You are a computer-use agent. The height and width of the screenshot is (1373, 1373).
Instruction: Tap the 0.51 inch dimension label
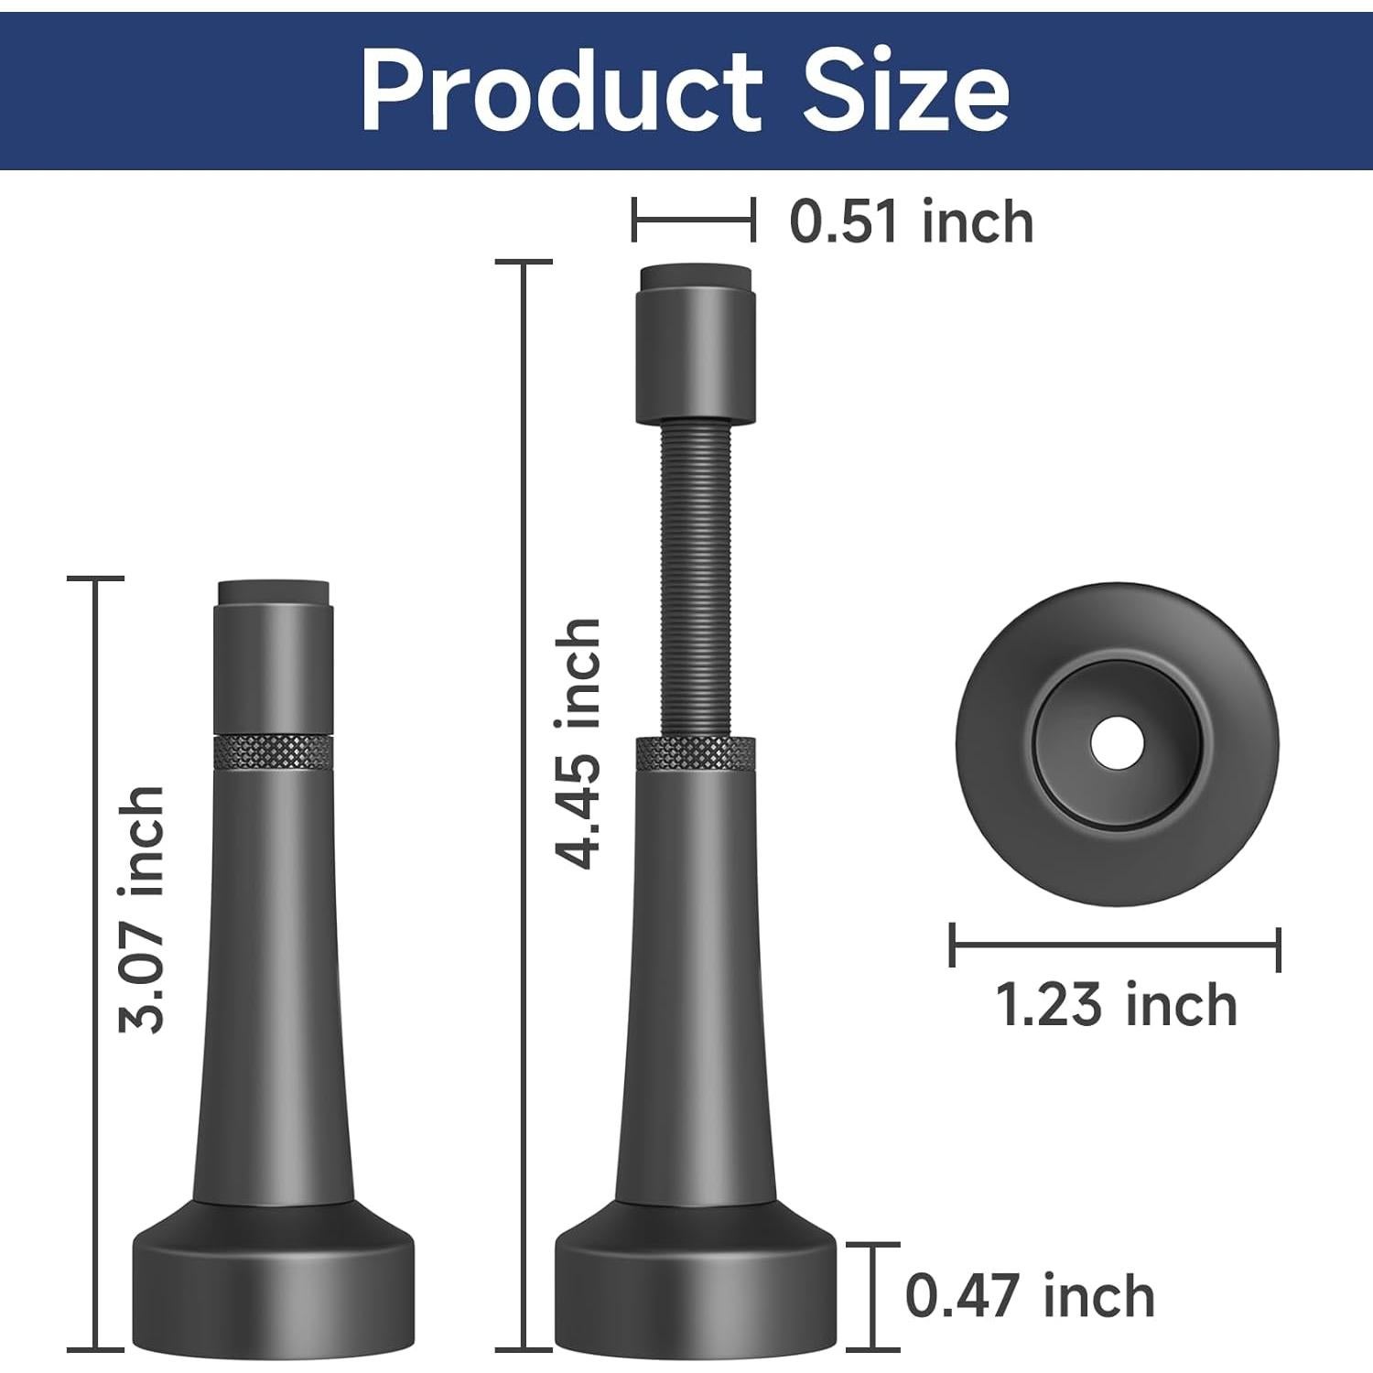(x=911, y=222)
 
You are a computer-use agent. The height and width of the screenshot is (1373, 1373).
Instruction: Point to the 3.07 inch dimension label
(x=142, y=909)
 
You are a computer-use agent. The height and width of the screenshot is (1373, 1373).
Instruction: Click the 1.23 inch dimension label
(x=1116, y=1005)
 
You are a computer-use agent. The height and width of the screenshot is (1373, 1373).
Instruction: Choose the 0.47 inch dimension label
(x=1030, y=1296)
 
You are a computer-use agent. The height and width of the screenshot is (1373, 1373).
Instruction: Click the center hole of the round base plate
(x=1117, y=741)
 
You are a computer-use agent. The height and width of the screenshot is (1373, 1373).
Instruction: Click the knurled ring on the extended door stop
(x=697, y=753)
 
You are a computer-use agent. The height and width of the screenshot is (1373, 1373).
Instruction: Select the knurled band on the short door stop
(x=273, y=751)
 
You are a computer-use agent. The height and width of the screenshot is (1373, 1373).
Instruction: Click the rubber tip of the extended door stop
(x=696, y=276)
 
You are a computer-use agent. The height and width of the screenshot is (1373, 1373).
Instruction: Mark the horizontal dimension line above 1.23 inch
(x=1116, y=945)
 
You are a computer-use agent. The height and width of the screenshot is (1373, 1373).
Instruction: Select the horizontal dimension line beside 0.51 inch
(x=693, y=221)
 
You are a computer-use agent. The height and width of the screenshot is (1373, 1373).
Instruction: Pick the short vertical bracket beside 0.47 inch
(x=872, y=1296)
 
